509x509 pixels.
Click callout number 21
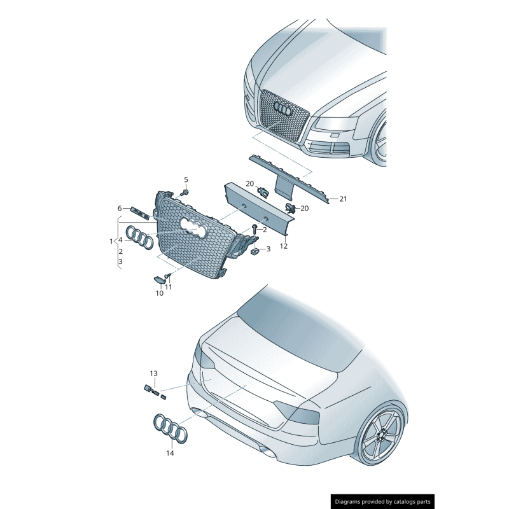(343, 199)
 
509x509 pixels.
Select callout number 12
(284, 246)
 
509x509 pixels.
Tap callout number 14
(170, 454)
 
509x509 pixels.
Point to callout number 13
(153, 373)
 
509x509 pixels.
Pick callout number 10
(160, 293)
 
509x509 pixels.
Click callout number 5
(186, 179)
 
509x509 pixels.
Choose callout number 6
(119, 208)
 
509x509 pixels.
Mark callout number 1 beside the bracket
(111, 241)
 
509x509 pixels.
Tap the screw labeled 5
(185, 192)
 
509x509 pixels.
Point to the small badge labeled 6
(139, 211)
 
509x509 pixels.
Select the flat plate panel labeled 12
(258, 205)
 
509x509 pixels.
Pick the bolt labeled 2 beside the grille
(254, 228)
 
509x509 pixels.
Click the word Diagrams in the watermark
(350, 501)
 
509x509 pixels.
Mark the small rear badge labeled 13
(148, 387)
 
